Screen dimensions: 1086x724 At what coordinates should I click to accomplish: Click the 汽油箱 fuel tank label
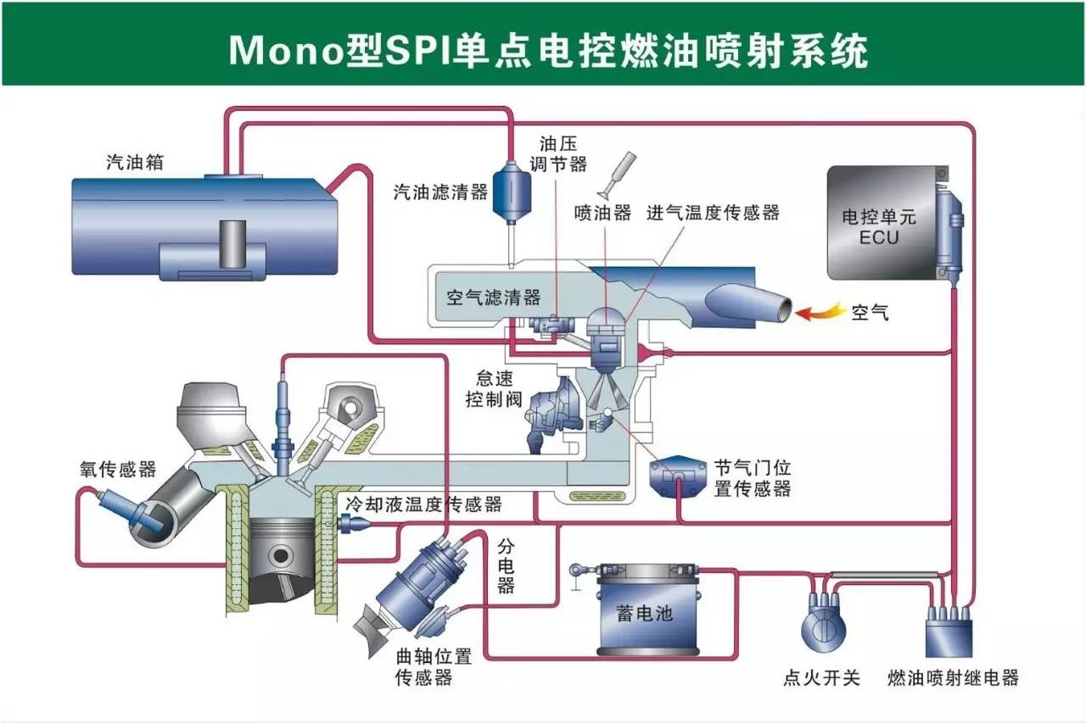135,162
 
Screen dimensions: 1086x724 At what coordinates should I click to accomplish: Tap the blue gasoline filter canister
512,192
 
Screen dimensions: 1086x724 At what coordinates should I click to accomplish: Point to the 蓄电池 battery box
649,610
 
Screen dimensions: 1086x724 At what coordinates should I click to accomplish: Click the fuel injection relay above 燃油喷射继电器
949,630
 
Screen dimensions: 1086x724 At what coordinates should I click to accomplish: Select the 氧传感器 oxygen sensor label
118,469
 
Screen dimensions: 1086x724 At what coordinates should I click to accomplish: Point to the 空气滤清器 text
493,297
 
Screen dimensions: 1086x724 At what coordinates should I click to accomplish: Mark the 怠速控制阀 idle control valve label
494,388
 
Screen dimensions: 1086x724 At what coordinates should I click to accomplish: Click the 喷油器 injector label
602,212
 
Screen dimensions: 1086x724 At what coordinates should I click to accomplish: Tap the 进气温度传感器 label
713,212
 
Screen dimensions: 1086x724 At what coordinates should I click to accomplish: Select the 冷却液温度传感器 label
423,504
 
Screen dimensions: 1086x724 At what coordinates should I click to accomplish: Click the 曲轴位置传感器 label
433,667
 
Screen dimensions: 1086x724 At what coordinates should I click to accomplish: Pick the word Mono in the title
286,50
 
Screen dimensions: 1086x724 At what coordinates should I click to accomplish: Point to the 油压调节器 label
558,154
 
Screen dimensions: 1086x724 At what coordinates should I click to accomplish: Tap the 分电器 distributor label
506,566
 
